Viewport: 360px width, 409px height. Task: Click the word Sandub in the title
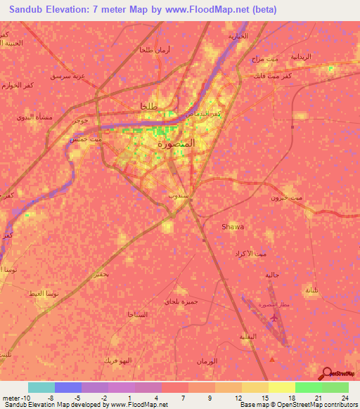(x=28, y=9)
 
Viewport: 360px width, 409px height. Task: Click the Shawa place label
(x=233, y=226)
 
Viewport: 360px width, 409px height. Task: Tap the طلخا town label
(x=141, y=106)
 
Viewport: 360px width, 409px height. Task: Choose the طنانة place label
(x=312, y=290)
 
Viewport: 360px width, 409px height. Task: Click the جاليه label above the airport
(x=273, y=275)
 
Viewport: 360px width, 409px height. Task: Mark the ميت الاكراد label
(x=251, y=252)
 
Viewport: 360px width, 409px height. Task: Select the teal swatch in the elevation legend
(x=41, y=387)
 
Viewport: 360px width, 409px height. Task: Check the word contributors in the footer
(x=338, y=405)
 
